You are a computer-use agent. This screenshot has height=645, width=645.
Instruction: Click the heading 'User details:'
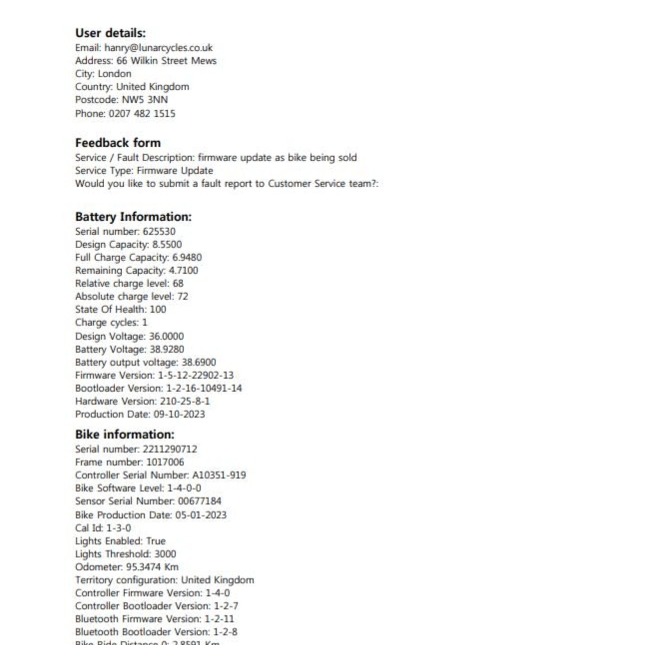110,33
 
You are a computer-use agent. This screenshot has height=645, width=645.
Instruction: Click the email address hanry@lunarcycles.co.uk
158,48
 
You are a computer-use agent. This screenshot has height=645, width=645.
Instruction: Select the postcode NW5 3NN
144,100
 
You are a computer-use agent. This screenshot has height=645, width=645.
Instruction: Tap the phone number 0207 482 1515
142,114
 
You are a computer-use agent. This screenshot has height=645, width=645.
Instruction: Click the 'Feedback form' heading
118,143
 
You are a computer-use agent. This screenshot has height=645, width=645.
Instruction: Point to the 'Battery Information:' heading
133,217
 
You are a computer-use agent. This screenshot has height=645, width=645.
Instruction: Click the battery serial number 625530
159,231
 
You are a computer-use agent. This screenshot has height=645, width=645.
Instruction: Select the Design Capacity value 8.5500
167,244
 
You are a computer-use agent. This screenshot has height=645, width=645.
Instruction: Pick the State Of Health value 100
158,309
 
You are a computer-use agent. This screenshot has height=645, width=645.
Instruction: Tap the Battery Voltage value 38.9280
167,349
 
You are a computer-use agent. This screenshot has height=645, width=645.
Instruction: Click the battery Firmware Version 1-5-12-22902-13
196,375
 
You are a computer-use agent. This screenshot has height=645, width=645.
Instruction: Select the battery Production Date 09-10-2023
179,414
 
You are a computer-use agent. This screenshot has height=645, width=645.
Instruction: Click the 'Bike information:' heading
125,435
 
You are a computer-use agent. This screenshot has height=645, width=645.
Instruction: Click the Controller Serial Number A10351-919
219,475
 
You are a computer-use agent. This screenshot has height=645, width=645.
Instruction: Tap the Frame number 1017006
165,462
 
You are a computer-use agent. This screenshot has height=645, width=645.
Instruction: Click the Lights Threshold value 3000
165,554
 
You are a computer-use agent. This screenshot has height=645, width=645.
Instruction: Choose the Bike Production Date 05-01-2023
201,515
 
